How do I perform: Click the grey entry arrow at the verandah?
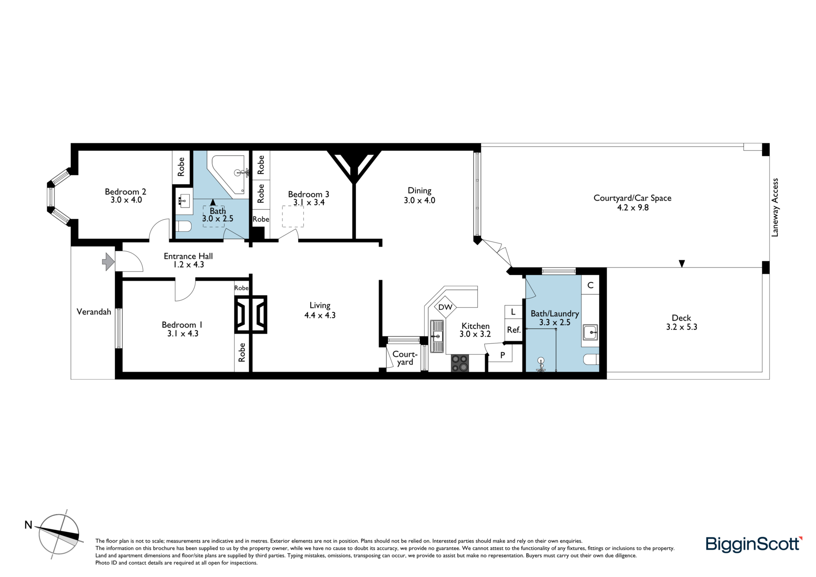pyautogui.click(x=108, y=262)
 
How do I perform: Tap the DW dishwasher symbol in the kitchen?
pyautogui.click(x=445, y=307)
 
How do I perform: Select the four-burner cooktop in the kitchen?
pyautogui.click(x=460, y=363)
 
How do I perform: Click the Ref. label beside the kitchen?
pyautogui.click(x=514, y=330)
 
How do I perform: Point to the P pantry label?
pyautogui.click(x=502, y=355)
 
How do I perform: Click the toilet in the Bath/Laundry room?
pyautogui.click(x=591, y=359)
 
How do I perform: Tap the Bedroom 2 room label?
pyautogui.click(x=126, y=192)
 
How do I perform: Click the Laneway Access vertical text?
pyautogui.click(x=775, y=208)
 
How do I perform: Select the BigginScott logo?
pyautogui.click(x=754, y=544)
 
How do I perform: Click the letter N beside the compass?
pyautogui.click(x=28, y=525)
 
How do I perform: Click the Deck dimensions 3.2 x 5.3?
pyautogui.click(x=682, y=327)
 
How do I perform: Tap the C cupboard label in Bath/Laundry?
pyautogui.click(x=590, y=285)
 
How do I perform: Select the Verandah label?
pyautogui.click(x=94, y=312)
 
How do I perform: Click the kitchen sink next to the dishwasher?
pyautogui.click(x=437, y=336)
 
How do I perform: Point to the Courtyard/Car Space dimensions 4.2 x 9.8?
pyautogui.click(x=633, y=208)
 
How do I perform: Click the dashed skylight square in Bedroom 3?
pyautogui.click(x=293, y=217)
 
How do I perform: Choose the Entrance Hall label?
pyautogui.click(x=188, y=256)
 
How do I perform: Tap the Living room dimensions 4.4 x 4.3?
pyautogui.click(x=320, y=315)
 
